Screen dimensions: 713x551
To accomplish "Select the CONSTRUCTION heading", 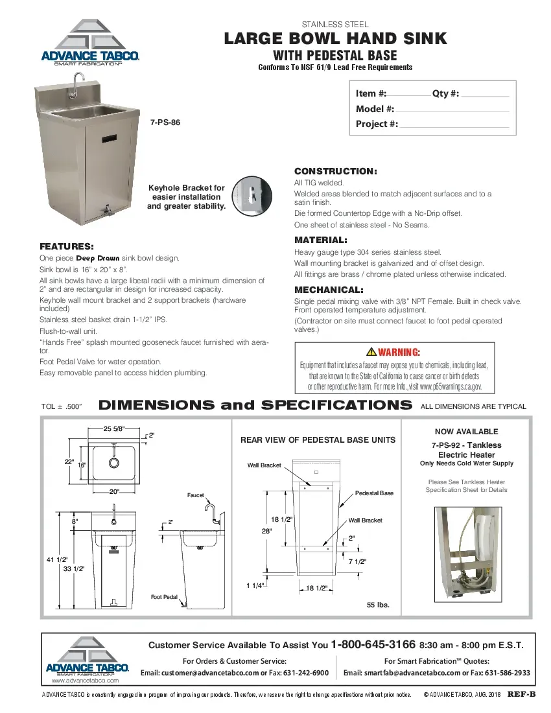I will point(335,171).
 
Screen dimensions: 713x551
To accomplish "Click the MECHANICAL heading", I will point(329,290).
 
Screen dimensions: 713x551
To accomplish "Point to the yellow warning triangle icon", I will point(371,352).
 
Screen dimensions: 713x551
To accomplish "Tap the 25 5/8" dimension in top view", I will point(114,428).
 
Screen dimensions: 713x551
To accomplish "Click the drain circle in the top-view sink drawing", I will point(114,463).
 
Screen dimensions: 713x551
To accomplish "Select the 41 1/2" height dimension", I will point(56,558).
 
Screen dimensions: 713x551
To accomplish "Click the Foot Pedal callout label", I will point(164,597).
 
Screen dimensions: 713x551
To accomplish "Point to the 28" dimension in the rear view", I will point(266,530).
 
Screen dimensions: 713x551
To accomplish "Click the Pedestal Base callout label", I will point(374,493).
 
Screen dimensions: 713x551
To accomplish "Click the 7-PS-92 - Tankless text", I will point(467,445).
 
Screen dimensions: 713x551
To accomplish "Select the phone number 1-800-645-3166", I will point(373,644).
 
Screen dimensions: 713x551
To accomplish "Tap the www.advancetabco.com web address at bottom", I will point(85,681).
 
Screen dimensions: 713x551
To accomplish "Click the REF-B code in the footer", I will point(521,694).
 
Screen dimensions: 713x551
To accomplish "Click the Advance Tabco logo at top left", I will point(90,41).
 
